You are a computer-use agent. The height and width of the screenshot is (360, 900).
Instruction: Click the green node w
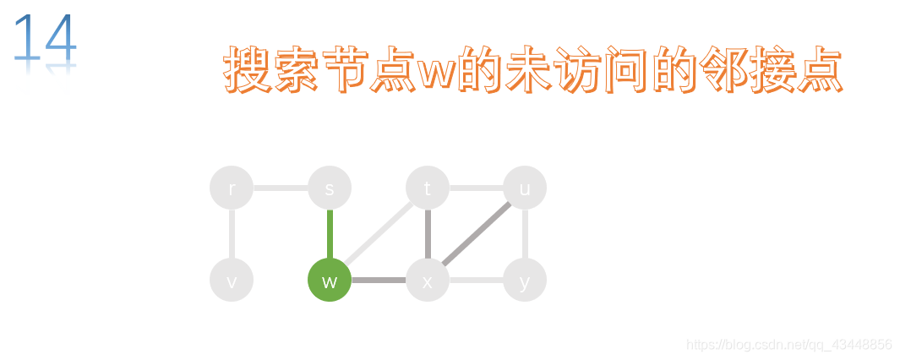[330, 281]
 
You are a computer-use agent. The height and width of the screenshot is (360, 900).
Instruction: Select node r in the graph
[232, 188]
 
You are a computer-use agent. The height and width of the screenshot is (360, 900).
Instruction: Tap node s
[330, 188]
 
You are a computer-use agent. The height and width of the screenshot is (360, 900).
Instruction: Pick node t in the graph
[428, 188]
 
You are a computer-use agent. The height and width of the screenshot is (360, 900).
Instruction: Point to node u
[525, 188]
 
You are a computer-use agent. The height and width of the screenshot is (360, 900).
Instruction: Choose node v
[232, 281]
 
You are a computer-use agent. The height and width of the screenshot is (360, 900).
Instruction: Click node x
[428, 281]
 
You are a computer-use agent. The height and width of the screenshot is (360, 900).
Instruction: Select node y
[525, 281]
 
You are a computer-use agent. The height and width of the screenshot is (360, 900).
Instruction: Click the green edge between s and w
[330, 234]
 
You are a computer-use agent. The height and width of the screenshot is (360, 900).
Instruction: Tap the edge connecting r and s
[281, 188]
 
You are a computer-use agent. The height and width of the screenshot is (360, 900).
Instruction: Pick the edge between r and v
[232, 234]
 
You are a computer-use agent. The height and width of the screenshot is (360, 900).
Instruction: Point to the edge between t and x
[428, 234]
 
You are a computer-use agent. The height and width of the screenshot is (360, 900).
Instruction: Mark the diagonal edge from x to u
[477, 234]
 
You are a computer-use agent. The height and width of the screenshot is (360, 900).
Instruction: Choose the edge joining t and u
[477, 188]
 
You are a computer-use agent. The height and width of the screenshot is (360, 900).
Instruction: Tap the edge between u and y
[525, 234]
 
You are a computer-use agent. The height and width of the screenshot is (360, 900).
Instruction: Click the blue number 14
[46, 38]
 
